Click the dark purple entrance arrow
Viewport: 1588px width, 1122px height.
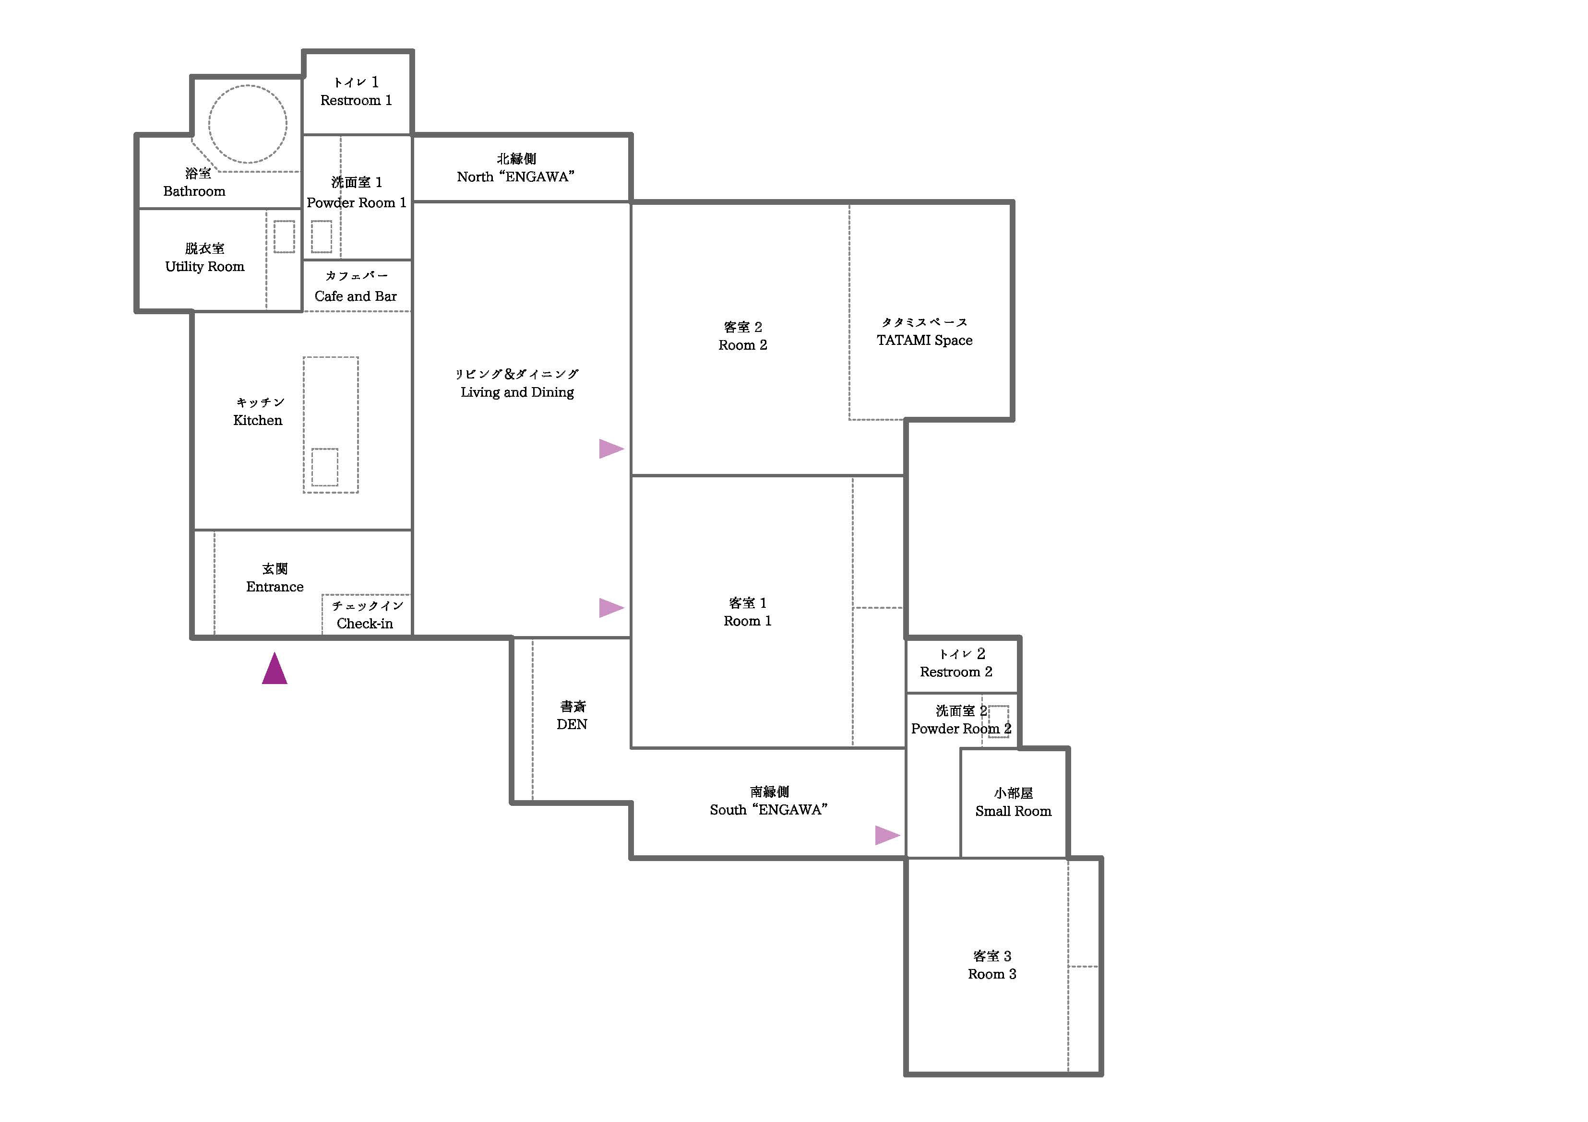point(275,669)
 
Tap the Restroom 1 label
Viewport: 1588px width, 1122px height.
point(356,100)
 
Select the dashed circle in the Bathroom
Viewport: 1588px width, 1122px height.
point(248,124)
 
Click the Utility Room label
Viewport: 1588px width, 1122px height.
point(205,266)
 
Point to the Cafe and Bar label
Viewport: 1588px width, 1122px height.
point(356,296)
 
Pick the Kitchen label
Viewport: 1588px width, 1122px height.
point(258,420)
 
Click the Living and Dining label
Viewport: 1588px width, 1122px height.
point(517,392)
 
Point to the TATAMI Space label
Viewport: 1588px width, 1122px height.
point(925,340)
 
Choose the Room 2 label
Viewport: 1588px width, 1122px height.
point(743,345)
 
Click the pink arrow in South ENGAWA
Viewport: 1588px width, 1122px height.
point(887,835)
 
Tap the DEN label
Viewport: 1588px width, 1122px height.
point(572,724)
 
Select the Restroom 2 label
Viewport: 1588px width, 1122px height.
point(956,672)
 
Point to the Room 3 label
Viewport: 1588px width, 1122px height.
point(992,974)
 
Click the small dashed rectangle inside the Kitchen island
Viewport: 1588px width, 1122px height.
point(324,467)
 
